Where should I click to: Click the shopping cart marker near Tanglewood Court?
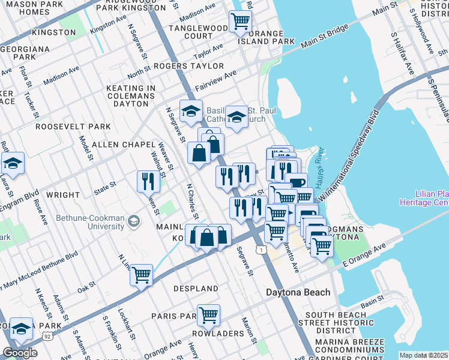[240, 21]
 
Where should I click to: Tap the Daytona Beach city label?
[298, 292]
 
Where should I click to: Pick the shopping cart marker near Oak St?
[141, 275]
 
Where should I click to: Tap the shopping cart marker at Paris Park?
[208, 314]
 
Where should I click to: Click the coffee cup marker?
[296, 182]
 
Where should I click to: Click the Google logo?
[19, 353]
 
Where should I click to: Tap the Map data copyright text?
[424, 356]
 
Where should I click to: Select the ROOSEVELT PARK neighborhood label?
[73, 127]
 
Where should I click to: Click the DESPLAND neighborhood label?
[196, 289]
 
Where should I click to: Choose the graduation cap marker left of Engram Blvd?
[12, 163]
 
